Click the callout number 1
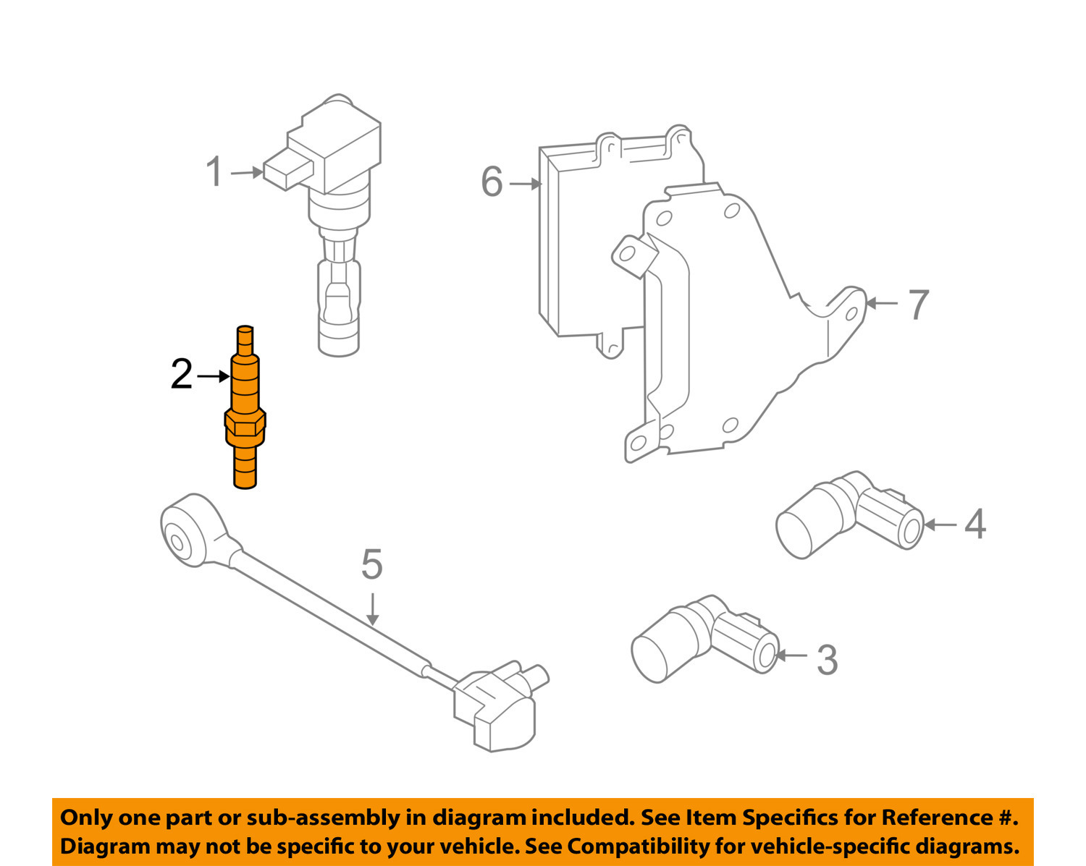pyautogui.click(x=214, y=172)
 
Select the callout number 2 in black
pyautogui.click(x=181, y=375)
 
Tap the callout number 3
pyautogui.click(x=827, y=660)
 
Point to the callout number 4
pyautogui.click(x=975, y=524)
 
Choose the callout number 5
pyautogui.click(x=371, y=564)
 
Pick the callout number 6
pyautogui.click(x=492, y=182)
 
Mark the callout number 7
pyautogui.click(x=918, y=305)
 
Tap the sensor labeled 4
pyautogui.click(x=847, y=515)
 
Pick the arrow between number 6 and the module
pyautogui.click(x=526, y=184)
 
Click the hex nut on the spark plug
pyautogui.click(x=245, y=424)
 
